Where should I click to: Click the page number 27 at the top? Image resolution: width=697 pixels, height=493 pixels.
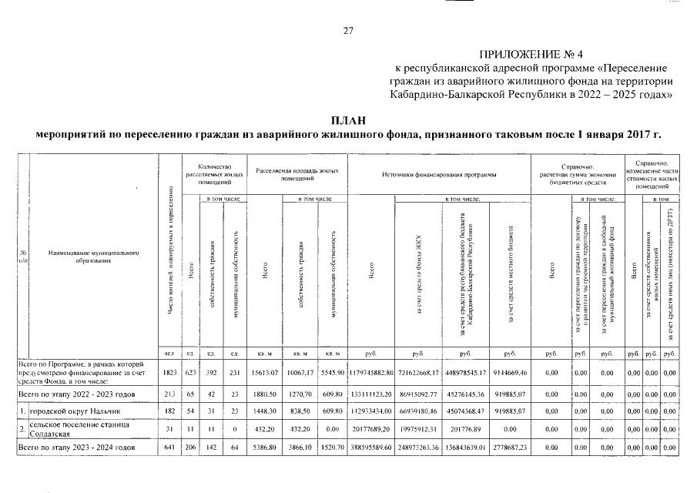coord(348,31)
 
